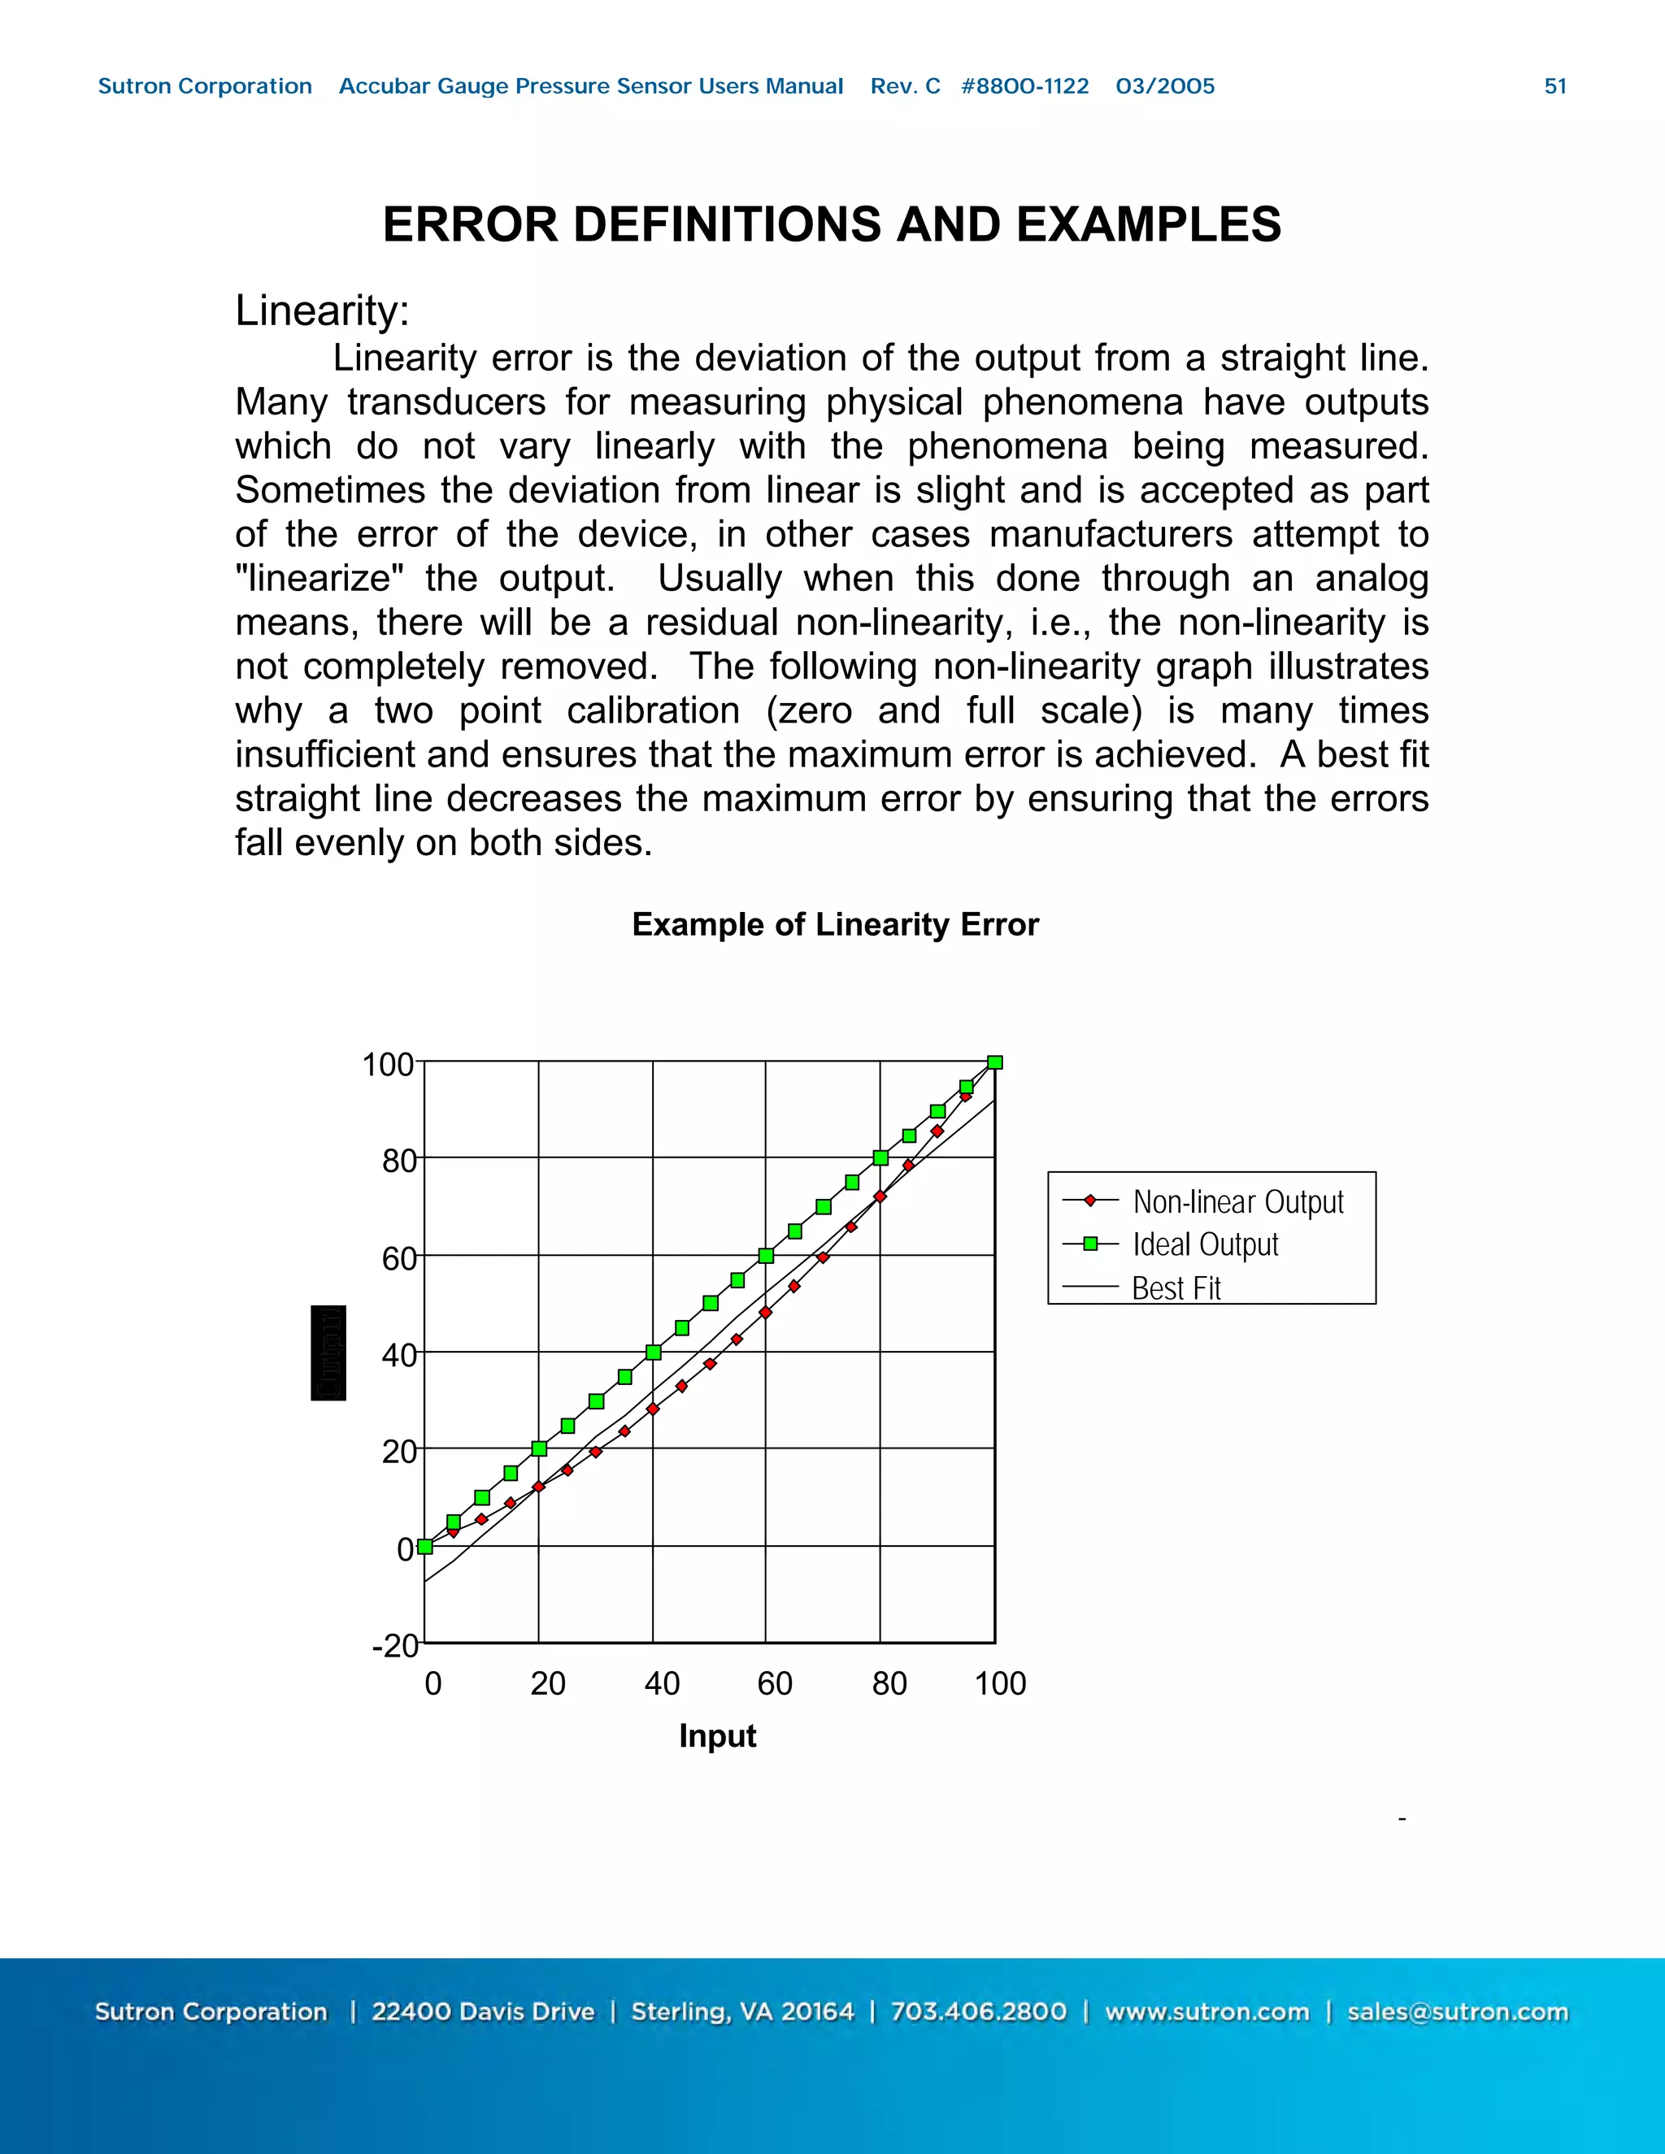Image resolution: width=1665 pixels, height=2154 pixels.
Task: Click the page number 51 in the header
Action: (x=1554, y=87)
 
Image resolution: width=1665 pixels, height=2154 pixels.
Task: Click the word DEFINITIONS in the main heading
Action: (x=728, y=225)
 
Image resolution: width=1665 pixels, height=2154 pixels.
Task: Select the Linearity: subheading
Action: (x=322, y=311)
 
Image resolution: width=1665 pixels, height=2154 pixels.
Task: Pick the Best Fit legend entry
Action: (x=1176, y=1288)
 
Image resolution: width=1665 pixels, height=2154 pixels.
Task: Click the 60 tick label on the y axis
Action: (x=399, y=1258)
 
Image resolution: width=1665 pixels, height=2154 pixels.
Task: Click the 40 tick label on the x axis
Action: (x=662, y=1683)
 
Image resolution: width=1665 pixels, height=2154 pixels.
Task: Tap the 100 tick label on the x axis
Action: (x=1000, y=1683)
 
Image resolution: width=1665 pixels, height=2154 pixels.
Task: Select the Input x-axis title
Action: (x=717, y=1736)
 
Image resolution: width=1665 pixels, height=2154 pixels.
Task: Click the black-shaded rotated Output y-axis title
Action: (x=328, y=1353)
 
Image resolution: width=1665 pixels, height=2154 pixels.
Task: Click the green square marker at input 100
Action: (x=995, y=1062)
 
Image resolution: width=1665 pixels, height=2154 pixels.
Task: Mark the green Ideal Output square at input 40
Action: (x=653, y=1353)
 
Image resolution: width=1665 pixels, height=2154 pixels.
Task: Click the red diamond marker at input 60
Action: (x=765, y=1313)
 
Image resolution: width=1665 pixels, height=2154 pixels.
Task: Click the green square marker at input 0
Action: (x=425, y=1547)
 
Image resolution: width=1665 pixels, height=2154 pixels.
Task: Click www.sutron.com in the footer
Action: (x=1206, y=2012)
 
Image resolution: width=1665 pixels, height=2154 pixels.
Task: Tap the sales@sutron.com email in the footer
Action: (x=1457, y=2012)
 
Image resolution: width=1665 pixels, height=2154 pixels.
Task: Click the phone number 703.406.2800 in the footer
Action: (x=979, y=2012)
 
